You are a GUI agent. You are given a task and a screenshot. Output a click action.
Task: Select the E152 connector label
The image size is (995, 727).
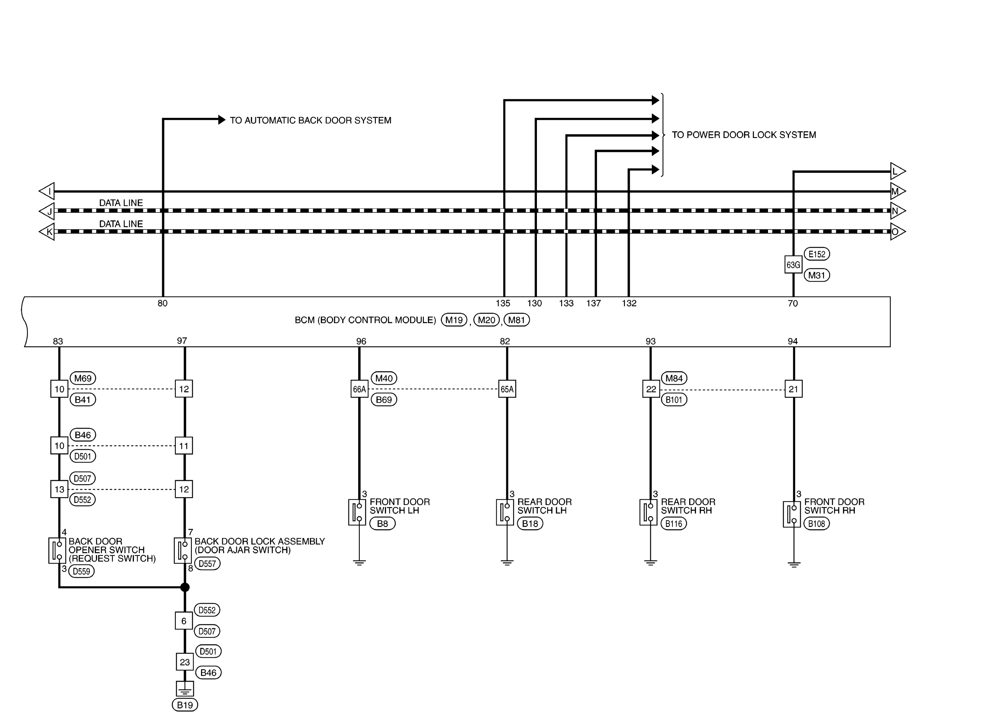click(817, 254)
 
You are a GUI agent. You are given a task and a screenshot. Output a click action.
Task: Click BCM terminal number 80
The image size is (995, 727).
click(162, 303)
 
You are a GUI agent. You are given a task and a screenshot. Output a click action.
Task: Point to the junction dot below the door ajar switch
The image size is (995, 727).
click(185, 587)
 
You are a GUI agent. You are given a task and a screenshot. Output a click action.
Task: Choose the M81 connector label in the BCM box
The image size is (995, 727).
click(517, 320)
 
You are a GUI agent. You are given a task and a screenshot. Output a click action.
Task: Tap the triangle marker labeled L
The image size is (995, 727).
click(898, 171)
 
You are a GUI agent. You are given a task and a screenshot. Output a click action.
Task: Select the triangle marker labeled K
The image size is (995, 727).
click(47, 232)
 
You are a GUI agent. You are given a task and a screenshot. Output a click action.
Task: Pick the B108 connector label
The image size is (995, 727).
click(817, 524)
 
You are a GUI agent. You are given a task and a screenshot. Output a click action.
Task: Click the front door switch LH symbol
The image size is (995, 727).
click(357, 512)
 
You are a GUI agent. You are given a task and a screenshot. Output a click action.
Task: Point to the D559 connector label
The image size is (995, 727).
click(82, 571)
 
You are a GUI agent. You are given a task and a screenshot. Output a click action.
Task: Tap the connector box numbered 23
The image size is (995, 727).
click(185, 662)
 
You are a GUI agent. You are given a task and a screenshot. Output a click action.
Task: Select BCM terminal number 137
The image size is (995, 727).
click(593, 303)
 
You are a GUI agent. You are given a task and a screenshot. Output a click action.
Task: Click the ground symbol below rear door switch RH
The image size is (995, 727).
click(651, 563)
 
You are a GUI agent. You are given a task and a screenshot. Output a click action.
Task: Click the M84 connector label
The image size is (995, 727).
click(674, 378)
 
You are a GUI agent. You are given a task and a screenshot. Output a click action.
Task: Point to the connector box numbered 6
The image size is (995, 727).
click(184, 621)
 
